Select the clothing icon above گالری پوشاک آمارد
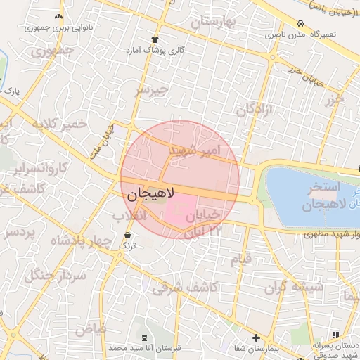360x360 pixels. [154, 39]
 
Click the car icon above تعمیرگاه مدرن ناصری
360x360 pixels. [300, 22]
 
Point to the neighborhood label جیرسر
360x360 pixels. [153, 90]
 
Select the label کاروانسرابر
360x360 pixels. [41, 169]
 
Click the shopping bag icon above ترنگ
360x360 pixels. [127, 235]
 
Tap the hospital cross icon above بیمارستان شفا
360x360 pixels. [256, 338]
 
